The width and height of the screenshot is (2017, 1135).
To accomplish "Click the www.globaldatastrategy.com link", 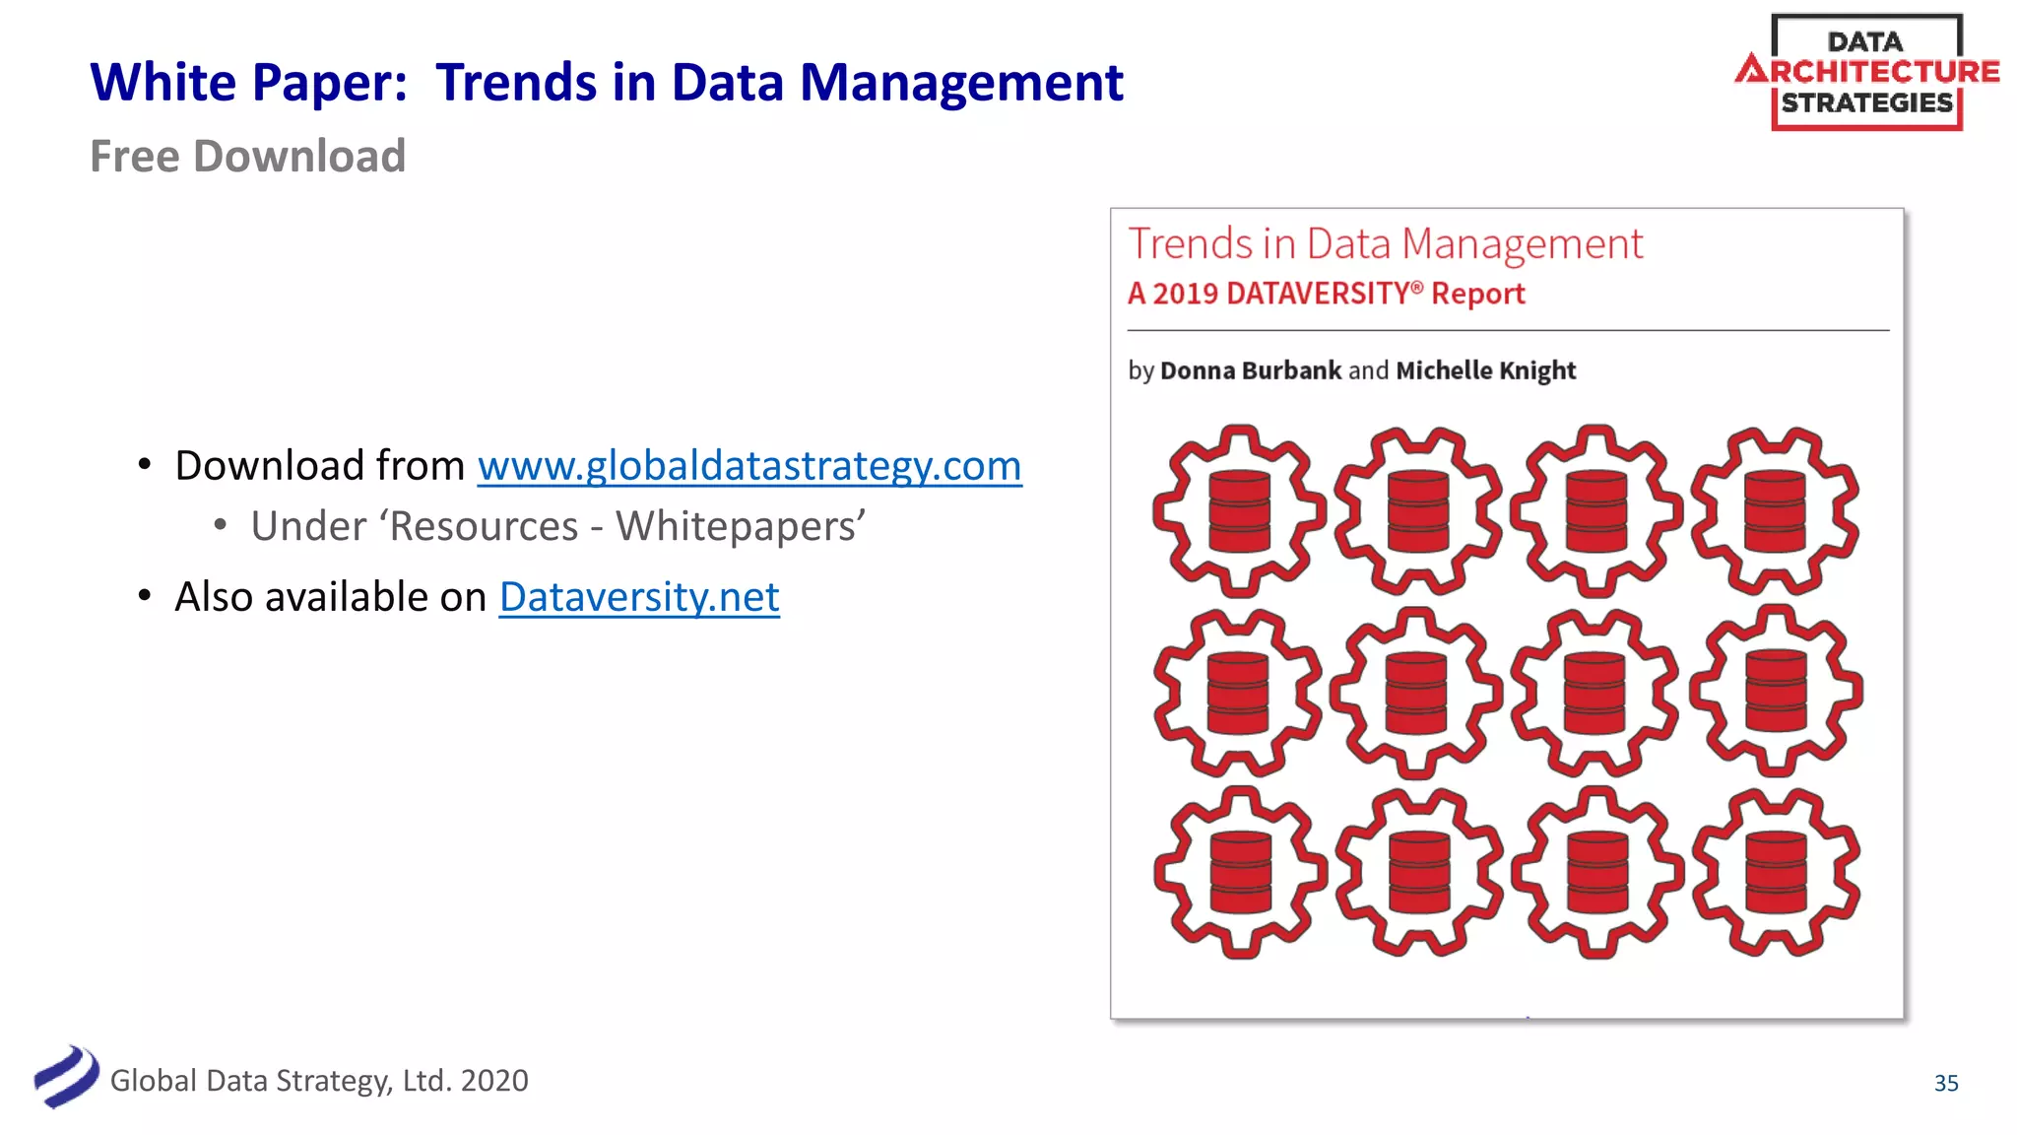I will tap(749, 466).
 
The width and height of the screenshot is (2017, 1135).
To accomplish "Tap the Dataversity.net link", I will tap(639, 597).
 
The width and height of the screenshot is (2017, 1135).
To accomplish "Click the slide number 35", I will tap(1946, 1083).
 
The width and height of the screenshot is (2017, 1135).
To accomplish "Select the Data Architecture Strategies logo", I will tap(1866, 72).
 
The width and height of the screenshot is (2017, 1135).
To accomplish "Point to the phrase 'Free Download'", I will tap(247, 157).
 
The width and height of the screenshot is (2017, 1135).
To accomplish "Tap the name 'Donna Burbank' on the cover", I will tap(1251, 370).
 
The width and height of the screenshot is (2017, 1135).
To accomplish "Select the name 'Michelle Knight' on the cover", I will tap(1485, 370).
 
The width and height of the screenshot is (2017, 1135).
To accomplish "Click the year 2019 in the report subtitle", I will tap(1185, 294).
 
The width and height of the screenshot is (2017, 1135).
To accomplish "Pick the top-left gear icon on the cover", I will tap(1239, 510).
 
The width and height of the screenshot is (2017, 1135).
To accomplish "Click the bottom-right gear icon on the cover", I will tap(1776, 872).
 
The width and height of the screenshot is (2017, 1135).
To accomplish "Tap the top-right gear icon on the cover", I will tap(1776, 510).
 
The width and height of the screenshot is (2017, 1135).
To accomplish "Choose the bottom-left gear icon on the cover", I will tap(1239, 872).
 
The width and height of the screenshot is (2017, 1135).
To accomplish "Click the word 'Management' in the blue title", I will tap(961, 83).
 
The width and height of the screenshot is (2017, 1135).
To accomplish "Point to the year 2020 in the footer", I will tap(494, 1081).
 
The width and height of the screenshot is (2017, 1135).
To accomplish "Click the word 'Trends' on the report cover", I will tap(1189, 244).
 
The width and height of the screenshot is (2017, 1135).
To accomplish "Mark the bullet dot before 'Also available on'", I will tap(145, 596).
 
